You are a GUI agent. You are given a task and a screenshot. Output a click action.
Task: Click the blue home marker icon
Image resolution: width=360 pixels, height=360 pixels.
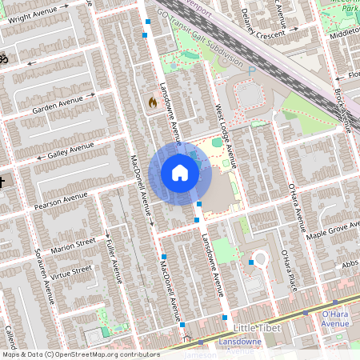(179, 172)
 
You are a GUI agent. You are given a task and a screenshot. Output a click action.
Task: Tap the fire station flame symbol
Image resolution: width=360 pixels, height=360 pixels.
(152, 102)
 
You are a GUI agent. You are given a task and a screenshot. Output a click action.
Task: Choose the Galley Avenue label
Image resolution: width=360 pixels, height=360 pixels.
(70, 150)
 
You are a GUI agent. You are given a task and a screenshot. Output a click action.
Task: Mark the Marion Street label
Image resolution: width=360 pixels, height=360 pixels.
(73, 243)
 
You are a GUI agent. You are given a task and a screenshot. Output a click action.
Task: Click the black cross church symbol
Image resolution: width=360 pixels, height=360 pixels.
(2, 182)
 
